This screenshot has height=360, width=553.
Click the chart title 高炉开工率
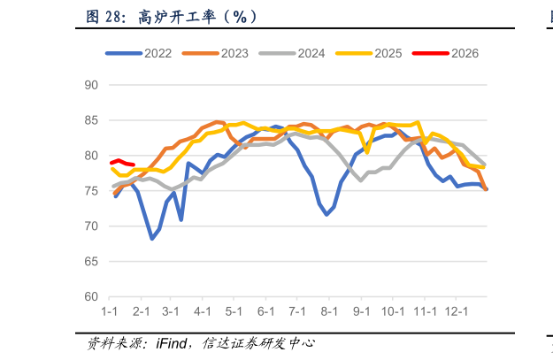[186, 16]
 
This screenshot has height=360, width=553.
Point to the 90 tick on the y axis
[90, 85]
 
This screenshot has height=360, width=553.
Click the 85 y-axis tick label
[90, 120]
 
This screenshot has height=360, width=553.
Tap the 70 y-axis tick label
[90, 226]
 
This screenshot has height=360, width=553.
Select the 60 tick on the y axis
[90, 297]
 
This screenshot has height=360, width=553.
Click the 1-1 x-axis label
[110, 312]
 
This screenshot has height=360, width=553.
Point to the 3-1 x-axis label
[172, 312]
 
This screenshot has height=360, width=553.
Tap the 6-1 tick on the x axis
[266, 312]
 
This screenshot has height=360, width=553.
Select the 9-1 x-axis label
[361, 312]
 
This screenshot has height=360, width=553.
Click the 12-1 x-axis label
[456, 312]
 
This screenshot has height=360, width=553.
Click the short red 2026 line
[122, 163]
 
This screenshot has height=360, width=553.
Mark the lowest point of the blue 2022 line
[152, 239]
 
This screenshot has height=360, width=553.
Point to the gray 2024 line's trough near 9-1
[361, 180]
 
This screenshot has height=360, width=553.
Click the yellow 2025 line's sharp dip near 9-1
[367, 152]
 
